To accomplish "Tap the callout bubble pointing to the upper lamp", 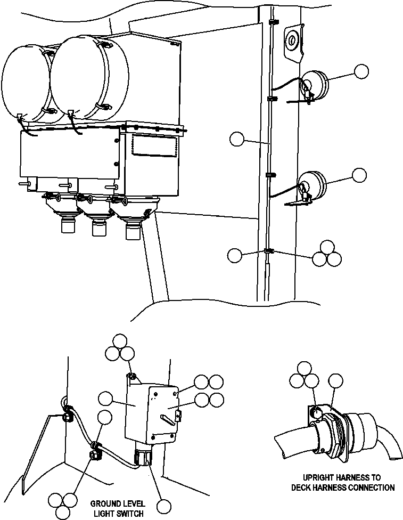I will (362, 72).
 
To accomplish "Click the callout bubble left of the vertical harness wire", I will (236, 140).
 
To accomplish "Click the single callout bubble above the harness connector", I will (335, 381).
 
